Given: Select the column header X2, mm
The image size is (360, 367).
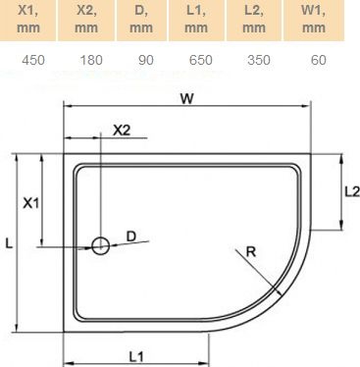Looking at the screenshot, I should [91, 21].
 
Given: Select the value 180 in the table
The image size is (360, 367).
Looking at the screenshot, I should [91, 61].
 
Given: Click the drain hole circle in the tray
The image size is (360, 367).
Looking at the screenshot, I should [100, 246].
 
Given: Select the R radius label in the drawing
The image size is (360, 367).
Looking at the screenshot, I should [251, 252].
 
